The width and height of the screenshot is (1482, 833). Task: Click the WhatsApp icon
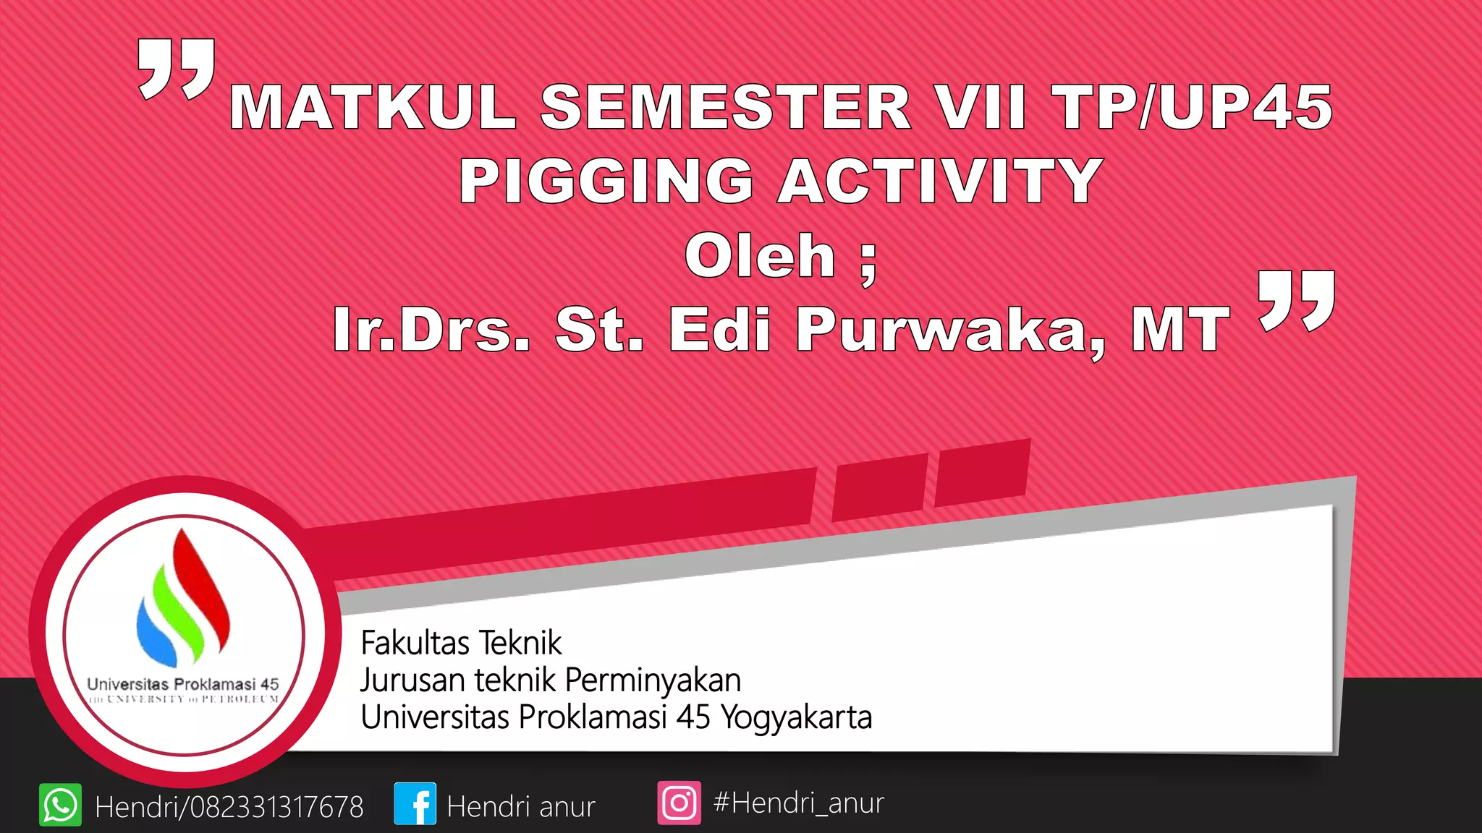point(60,804)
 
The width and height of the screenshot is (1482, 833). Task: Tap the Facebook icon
point(415,803)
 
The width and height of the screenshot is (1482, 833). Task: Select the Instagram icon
point(679,803)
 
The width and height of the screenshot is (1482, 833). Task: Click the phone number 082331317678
point(276,807)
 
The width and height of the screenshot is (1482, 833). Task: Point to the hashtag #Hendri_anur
point(798,803)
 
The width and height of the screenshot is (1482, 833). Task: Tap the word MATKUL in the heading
point(373,107)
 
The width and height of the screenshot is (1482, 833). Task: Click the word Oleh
point(760,256)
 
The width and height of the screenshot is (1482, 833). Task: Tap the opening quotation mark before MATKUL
point(177,68)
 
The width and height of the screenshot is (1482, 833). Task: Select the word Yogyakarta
point(797,717)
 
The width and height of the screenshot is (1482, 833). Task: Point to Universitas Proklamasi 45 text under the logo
point(182,684)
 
